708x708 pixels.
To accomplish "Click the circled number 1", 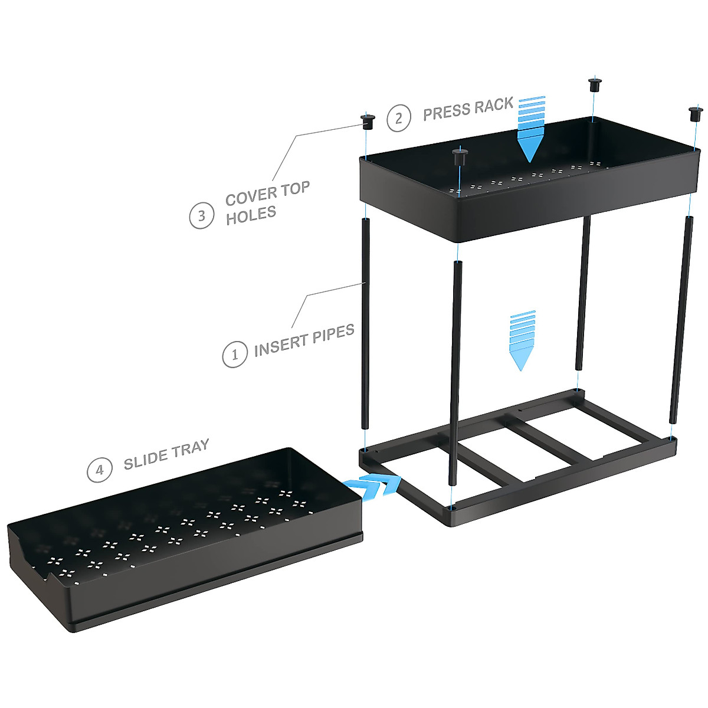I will click(234, 355).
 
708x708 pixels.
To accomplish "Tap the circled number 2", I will click(399, 119).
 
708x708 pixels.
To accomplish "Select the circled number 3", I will click(201, 216).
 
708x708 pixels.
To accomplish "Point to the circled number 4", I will click(99, 470).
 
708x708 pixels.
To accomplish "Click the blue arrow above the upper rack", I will click(530, 128).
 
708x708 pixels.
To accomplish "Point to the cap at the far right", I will click(695, 113).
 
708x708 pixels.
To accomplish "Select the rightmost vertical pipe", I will click(680, 319).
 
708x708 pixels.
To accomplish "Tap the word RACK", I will click(493, 105).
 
